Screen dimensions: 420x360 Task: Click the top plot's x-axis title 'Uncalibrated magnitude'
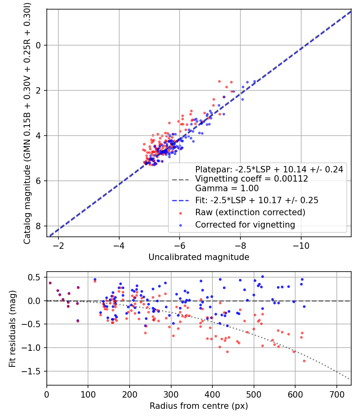point(199,257)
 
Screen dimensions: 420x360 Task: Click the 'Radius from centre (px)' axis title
point(199,406)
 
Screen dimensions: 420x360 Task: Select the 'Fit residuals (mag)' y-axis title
point(12,328)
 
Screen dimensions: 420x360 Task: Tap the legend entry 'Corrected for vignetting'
point(245,225)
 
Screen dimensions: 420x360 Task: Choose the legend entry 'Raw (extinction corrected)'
point(250,212)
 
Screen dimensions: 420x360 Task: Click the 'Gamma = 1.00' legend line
point(227,188)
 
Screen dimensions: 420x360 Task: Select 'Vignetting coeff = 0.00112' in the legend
point(252,179)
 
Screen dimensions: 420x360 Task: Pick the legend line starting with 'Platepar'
point(269,169)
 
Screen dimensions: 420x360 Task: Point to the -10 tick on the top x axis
point(301,245)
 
